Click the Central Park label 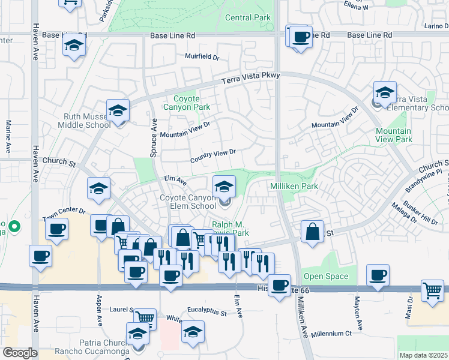point(248,18)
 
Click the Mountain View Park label point(394,135)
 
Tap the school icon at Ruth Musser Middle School point(118,110)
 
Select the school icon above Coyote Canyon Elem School point(224,185)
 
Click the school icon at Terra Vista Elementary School point(385,92)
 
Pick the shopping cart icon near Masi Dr point(432,290)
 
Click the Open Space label point(326,277)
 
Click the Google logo point(20,353)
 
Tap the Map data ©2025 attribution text point(424,355)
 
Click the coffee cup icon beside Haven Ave point(40,256)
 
